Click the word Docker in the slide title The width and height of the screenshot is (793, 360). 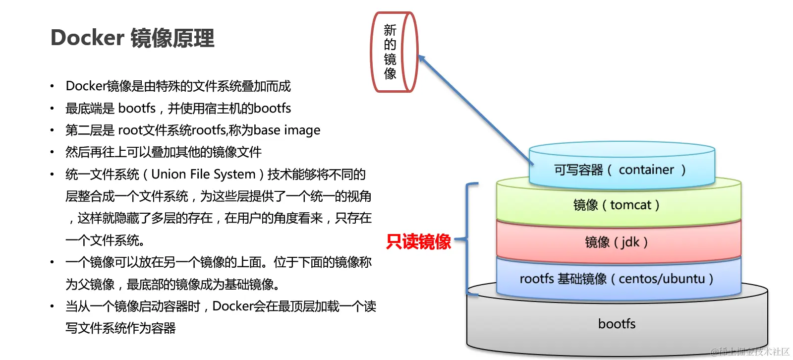[x=87, y=38]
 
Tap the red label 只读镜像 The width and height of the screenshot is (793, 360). [x=418, y=241]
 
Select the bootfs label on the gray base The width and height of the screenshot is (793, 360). [x=617, y=324]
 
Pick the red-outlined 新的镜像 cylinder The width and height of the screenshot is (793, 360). [x=394, y=52]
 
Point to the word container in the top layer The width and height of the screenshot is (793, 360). [x=646, y=170]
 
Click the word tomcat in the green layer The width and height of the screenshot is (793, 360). [x=630, y=205]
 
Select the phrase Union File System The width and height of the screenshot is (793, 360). [x=203, y=174]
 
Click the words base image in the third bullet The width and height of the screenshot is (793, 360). [x=287, y=130]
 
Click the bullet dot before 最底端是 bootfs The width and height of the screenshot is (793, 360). [x=52, y=108]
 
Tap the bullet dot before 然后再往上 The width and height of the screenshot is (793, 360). [x=52, y=152]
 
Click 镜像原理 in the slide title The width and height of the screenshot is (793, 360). [x=172, y=38]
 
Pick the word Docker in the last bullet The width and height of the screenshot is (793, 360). [x=233, y=306]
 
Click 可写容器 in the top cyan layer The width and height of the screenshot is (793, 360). [x=578, y=170]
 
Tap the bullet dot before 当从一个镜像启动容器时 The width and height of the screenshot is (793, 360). [x=52, y=306]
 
